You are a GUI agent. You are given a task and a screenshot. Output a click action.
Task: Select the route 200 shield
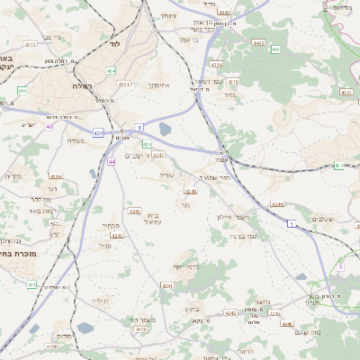[22, 90]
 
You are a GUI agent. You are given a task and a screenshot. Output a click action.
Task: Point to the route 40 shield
[49, 127]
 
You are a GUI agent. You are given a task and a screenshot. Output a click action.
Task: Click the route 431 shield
[97, 132]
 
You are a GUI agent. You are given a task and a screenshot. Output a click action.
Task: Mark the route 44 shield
[112, 162]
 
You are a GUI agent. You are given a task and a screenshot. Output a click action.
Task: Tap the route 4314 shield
[217, 65]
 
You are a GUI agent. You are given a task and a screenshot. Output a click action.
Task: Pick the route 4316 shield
[233, 81]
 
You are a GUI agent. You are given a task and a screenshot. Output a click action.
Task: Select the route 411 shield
[31, 284]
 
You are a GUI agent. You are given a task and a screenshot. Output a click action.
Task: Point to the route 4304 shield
[56, 176]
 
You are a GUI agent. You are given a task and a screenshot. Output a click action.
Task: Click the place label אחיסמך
[158, 85]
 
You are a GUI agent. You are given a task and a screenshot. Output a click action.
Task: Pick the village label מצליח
[76, 140]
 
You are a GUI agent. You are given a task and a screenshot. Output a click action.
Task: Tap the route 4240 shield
[135, 211]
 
